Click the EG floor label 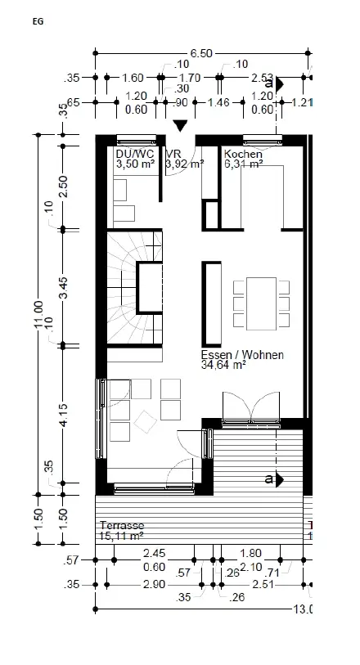tap(38, 22)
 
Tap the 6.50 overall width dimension tap(201, 53)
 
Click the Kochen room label tap(242, 154)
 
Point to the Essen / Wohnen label tap(243, 355)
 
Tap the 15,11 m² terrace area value tap(121, 536)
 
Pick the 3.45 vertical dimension tap(64, 288)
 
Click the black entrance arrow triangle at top tap(181, 124)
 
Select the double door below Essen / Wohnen tap(252, 407)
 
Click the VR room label tap(173, 154)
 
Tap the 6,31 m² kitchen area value tap(243, 164)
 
